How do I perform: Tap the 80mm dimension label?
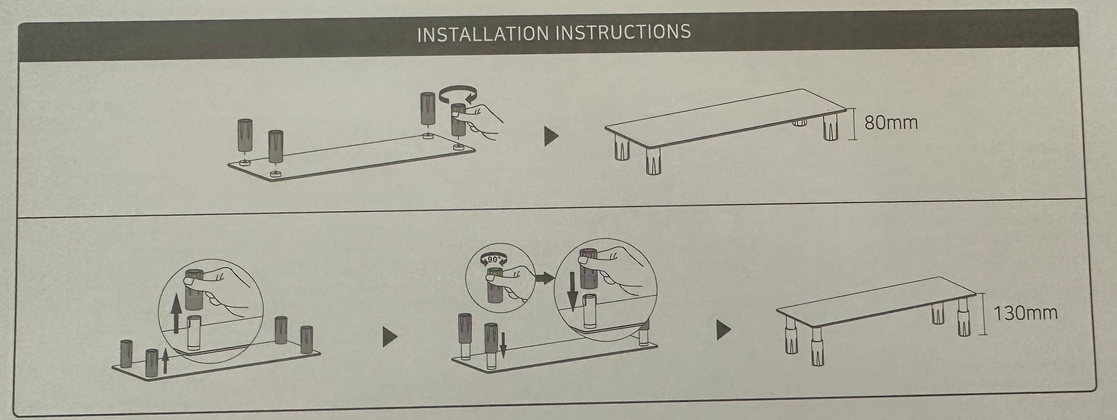point(891,123)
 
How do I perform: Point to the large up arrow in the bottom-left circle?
point(176,315)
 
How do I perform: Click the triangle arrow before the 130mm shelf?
point(723,330)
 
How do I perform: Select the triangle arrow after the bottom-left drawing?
point(390,337)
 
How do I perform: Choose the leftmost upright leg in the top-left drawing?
point(245,136)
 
